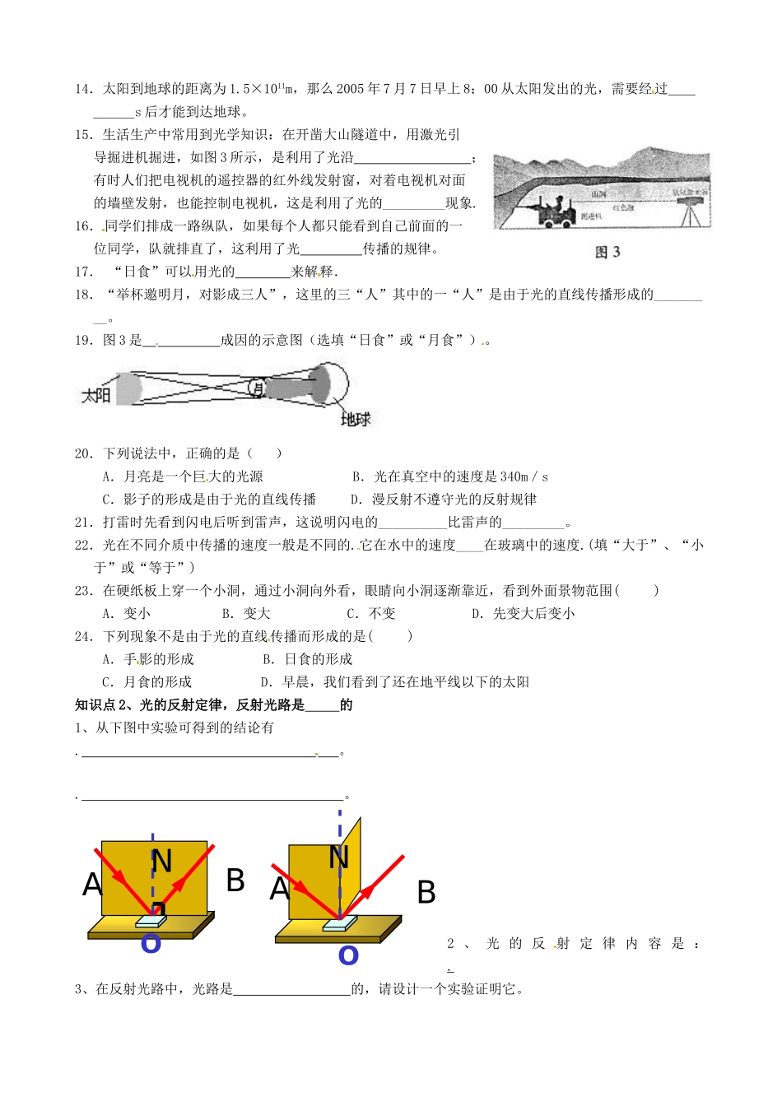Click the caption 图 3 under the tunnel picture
tap(607, 253)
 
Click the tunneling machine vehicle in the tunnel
tap(556, 213)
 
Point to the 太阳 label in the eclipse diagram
tap(95, 395)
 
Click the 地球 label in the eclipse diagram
tap(356, 419)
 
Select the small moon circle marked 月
tap(258, 388)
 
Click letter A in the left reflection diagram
tap(92, 885)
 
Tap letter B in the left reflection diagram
tap(235, 881)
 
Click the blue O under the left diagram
tap(151, 943)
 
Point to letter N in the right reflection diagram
tap(338, 857)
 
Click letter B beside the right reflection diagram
tap(426, 892)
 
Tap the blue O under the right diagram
tap(348, 955)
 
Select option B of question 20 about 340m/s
tap(449, 476)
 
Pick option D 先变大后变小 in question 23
tap(523, 613)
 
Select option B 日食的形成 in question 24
tap(308, 659)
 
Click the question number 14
tap(83, 89)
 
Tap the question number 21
tap(83, 522)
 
